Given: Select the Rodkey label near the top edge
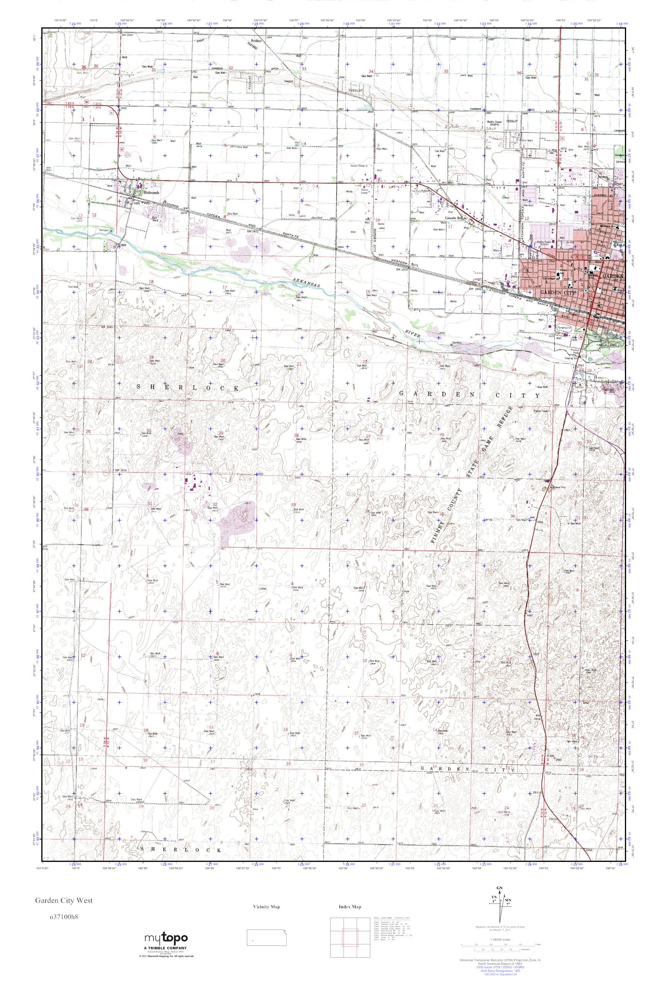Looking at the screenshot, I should point(256,41).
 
